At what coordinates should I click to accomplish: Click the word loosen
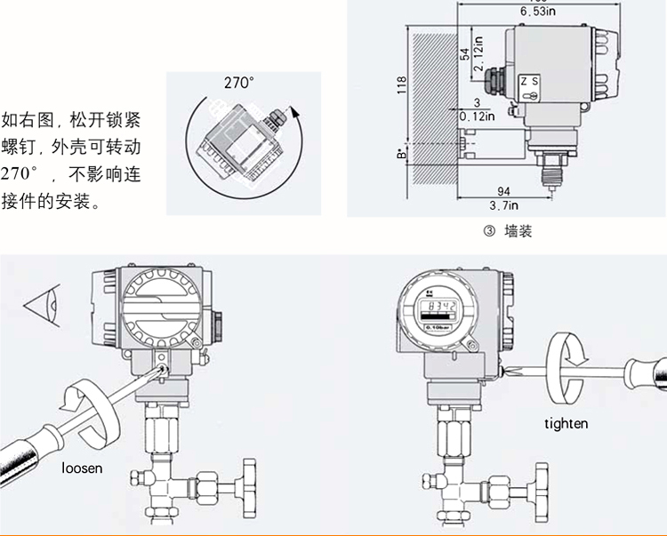click(82, 468)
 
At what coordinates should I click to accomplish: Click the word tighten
click(567, 423)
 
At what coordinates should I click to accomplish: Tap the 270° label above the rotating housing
click(238, 83)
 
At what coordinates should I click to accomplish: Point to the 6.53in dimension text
click(539, 12)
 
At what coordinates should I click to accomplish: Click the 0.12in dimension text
click(477, 116)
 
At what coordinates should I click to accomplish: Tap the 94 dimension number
click(504, 192)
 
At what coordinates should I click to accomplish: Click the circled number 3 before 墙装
click(488, 232)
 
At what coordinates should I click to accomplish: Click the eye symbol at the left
click(42, 307)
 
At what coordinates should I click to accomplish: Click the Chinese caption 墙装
click(518, 232)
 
